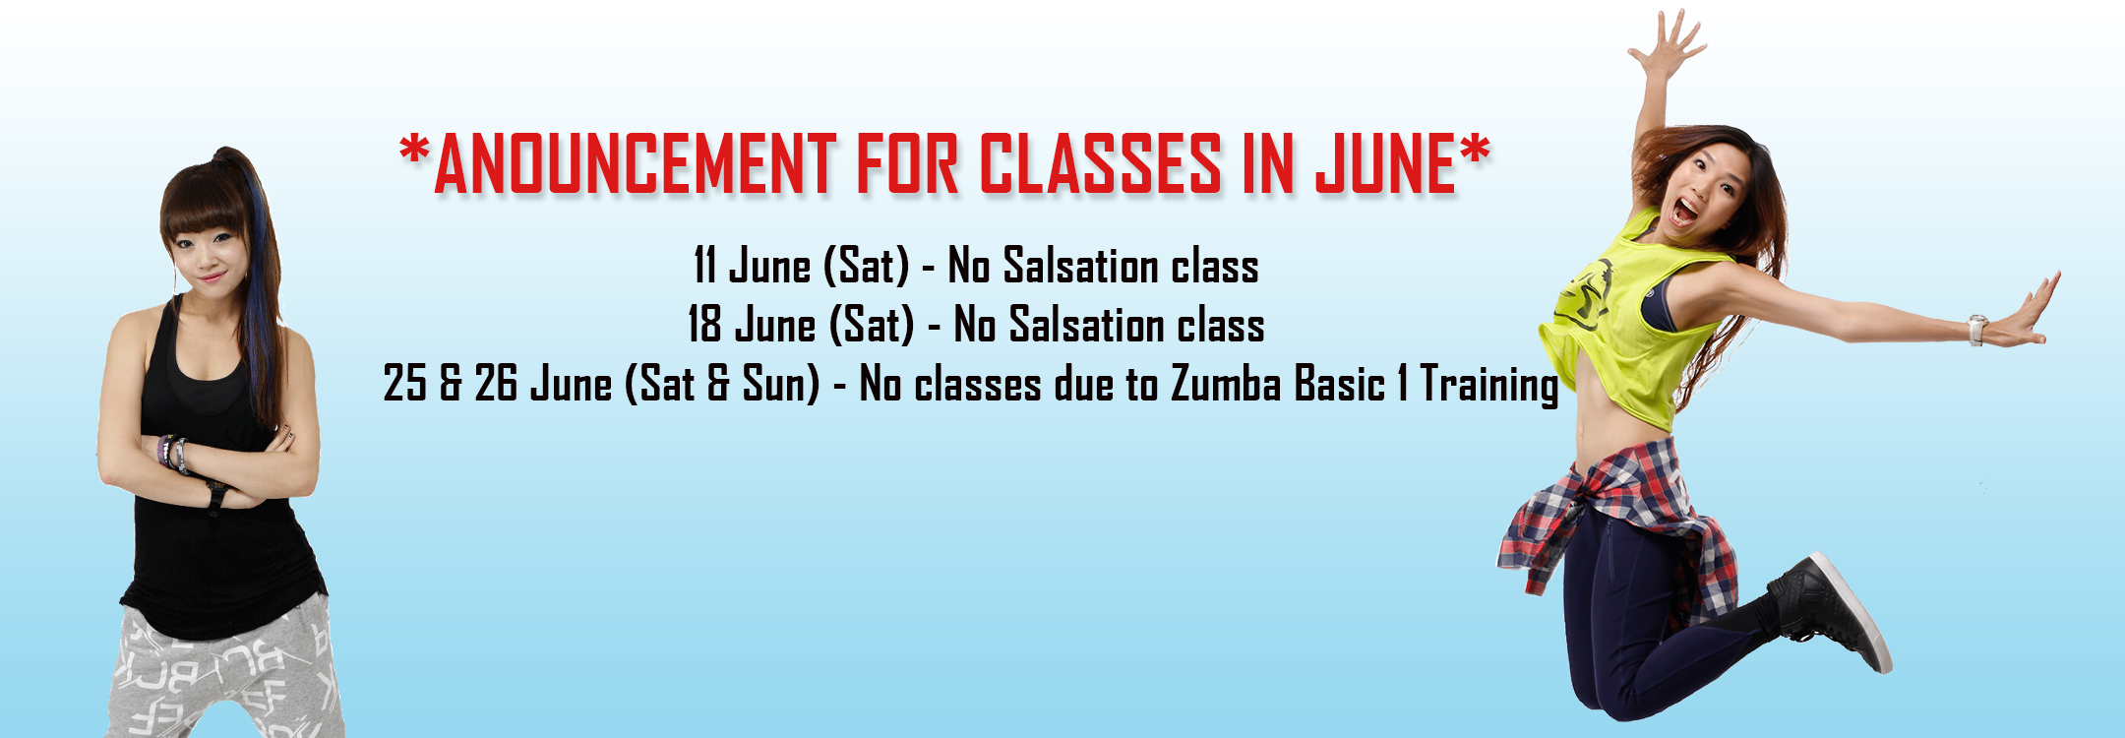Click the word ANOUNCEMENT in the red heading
[636, 163]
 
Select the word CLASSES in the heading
[1101, 163]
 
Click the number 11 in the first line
[704, 266]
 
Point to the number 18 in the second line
[704, 325]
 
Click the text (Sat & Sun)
[722, 384]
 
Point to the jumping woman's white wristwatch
[1977, 329]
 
